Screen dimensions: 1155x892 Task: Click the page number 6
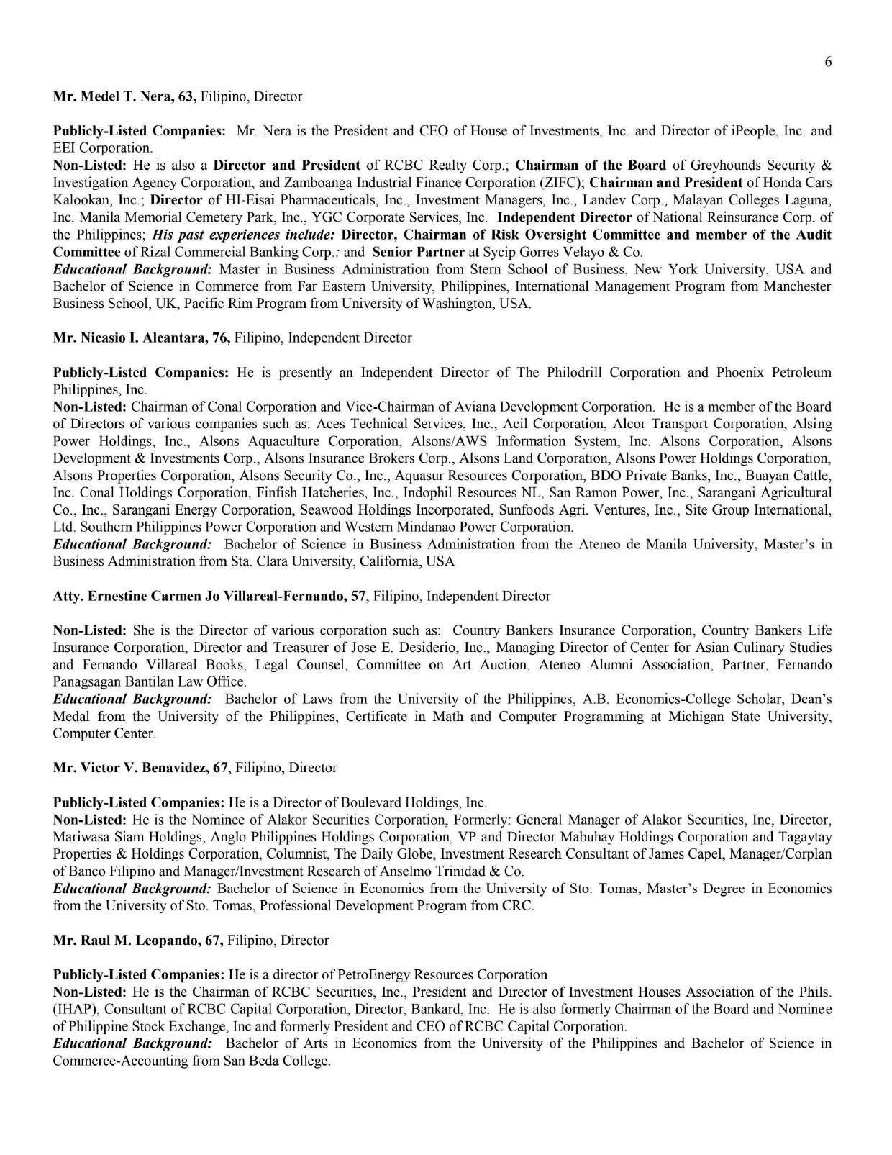828,62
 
